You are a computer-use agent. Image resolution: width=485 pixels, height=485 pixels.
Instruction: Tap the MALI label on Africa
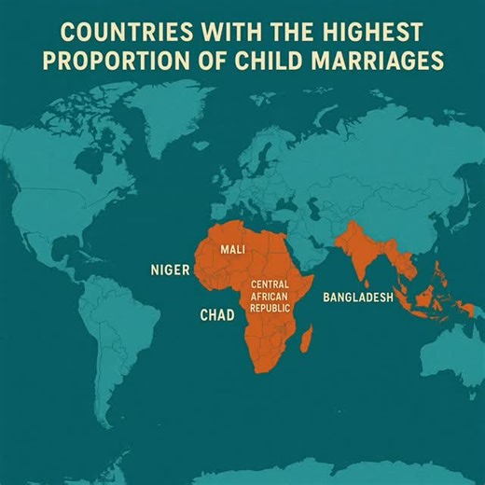point(233,251)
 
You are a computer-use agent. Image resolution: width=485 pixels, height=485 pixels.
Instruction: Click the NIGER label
point(170,270)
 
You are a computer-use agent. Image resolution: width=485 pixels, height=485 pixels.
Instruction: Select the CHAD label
point(217,315)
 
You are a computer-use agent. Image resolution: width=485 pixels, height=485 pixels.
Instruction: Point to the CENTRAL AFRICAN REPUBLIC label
point(270,295)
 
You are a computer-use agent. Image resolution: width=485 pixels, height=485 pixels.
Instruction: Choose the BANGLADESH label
point(358,298)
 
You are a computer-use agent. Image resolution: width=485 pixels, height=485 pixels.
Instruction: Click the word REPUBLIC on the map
point(270,307)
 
